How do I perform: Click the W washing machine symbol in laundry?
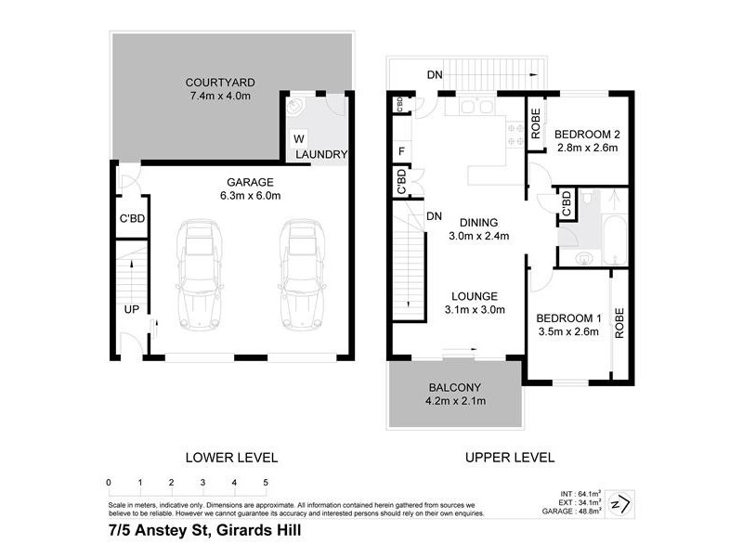(x=298, y=138)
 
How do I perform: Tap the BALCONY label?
(x=454, y=386)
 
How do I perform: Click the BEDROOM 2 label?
(x=588, y=134)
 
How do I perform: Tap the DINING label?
(x=478, y=222)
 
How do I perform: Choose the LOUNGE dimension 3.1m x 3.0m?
(x=474, y=310)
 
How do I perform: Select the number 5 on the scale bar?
(x=266, y=483)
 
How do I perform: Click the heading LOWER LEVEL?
(x=232, y=457)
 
